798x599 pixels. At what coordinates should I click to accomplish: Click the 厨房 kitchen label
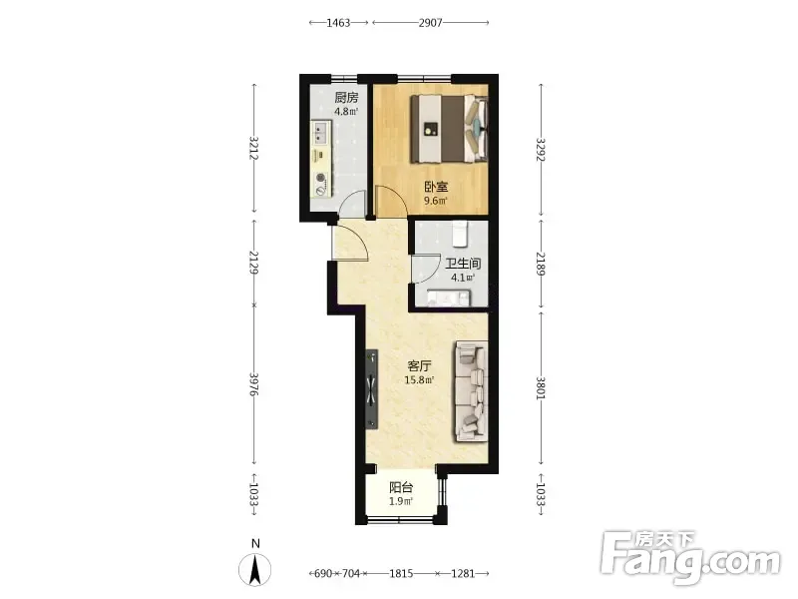click(x=346, y=97)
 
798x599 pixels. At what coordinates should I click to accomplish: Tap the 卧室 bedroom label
click(x=436, y=187)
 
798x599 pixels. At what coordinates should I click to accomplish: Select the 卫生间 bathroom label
click(x=463, y=264)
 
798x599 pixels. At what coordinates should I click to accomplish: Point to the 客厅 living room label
click(x=419, y=365)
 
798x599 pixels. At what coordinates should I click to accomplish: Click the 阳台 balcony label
click(x=401, y=487)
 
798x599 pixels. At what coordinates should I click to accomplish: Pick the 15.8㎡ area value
click(x=419, y=380)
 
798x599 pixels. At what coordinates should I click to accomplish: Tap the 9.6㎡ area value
click(x=436, y=201)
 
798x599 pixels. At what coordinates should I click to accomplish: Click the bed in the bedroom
click(x=449, y=129)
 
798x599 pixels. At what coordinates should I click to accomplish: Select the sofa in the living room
click(x=471, y=390)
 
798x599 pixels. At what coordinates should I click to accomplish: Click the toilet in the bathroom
click(x=460, y=234)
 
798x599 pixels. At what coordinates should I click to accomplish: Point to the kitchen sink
click(x=320, y=132)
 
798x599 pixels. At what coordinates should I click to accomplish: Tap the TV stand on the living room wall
click(x=372, y=389)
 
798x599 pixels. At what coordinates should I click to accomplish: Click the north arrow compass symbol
click(x=255, y=568)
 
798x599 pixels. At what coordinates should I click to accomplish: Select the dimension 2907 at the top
click(x=431, y=22)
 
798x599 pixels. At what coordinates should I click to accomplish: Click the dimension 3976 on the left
click(x=254, y=384)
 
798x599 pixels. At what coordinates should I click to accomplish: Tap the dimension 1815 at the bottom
click(x=401, y=573)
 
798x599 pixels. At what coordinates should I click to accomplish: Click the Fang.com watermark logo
click(x=690, y=558)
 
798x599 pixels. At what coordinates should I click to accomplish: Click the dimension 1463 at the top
click(x=338, y=22)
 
